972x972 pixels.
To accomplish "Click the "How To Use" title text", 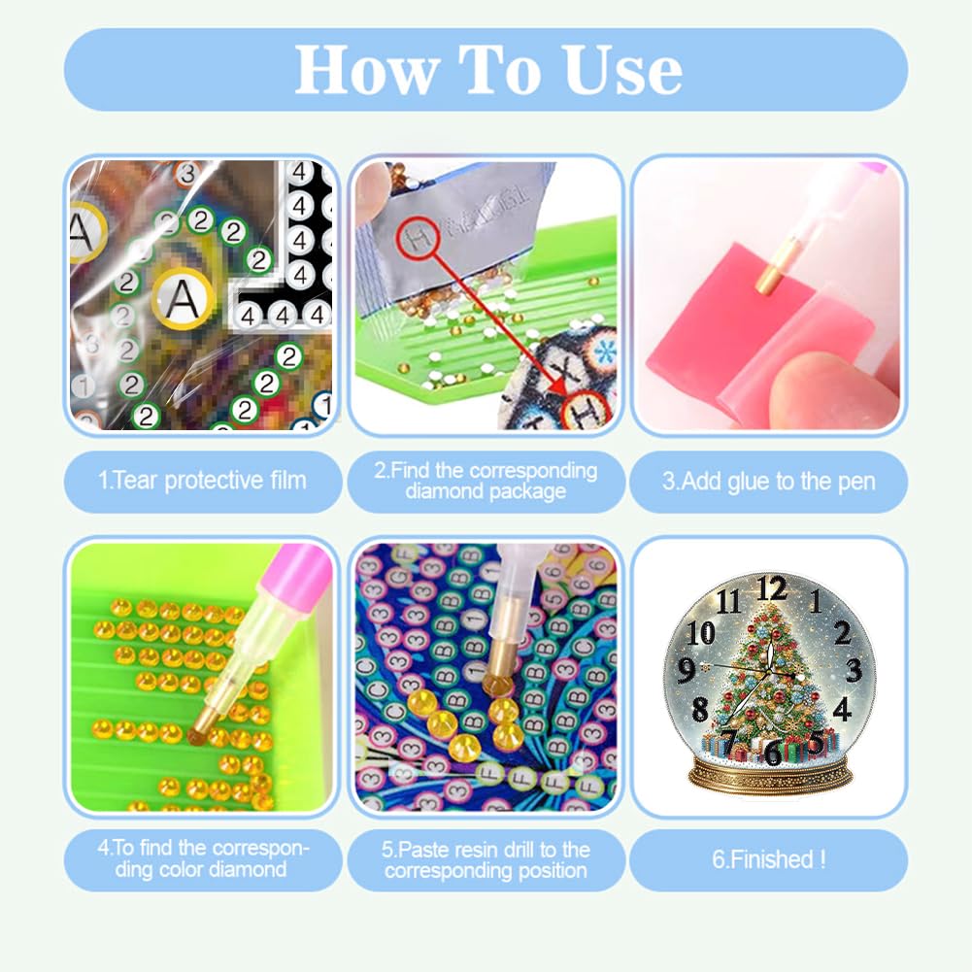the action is pyautogui.click(x=488, y=70).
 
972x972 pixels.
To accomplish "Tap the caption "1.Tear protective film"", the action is pyautogui.click(x=202, y=481).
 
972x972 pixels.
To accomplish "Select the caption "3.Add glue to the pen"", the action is pyautogui.click(x=769, y=482).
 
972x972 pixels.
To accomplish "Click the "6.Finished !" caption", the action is pyautogui.click(x=769, y=859).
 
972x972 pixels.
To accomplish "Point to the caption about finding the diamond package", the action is pyautogui.click(x=486, y=481).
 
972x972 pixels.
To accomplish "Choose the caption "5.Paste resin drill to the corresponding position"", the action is pyautogui.click(x=486, y=859).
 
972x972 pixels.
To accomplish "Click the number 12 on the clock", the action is pyautogui.click(x=772, y=587).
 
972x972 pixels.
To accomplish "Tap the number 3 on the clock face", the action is pyautogui.click(x=854, y=669).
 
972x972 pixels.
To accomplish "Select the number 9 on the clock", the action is pyautogui.click(x=686, y=669).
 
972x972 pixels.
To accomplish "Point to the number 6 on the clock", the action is pyautogui.click(x=772, y=754).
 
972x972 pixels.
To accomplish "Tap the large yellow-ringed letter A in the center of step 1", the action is pyautogui.click(x=182, y=299).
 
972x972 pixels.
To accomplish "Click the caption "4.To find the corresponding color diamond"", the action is pyautogui.click(x=202, y=858).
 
